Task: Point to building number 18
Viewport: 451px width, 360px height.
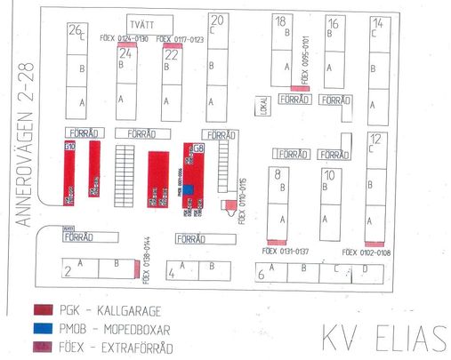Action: pos(280,21)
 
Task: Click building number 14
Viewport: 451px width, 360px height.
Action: pos(377,23)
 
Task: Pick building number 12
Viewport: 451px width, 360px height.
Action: pos(375,138)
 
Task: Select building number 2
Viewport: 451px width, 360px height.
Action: pos(68,272)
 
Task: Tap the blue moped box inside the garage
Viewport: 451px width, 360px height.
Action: pos(189,188)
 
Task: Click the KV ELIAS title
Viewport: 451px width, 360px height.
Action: pos(383,338)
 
